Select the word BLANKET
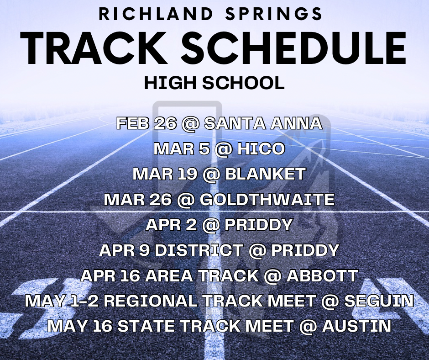pyautogui.click(x=267, y=174)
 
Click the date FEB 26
pyautogui.click(x=139, y=123)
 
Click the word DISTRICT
pyautogui.click(x=204, y=250)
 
